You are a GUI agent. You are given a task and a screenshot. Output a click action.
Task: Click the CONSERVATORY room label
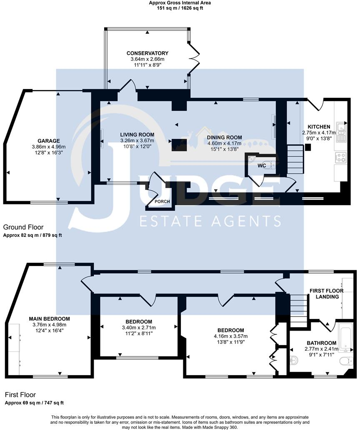(x=147, y=53)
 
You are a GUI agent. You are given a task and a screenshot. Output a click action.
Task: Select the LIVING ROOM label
(x=137, y=135)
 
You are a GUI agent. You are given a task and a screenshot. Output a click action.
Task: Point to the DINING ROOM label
(x=225, y=137)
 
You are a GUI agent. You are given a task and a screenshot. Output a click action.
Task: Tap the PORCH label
(x=162, y=202)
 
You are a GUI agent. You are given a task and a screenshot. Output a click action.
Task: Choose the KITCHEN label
(x=319, y=127)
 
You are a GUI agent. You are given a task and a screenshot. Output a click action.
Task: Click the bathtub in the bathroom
(x=345, y=336)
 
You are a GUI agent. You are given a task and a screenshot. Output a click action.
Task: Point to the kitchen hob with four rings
(x=340, y=157)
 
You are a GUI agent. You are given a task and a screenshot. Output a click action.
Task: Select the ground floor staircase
(x=296, y=159)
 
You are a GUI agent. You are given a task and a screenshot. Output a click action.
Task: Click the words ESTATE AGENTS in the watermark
(x=210, y=221)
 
